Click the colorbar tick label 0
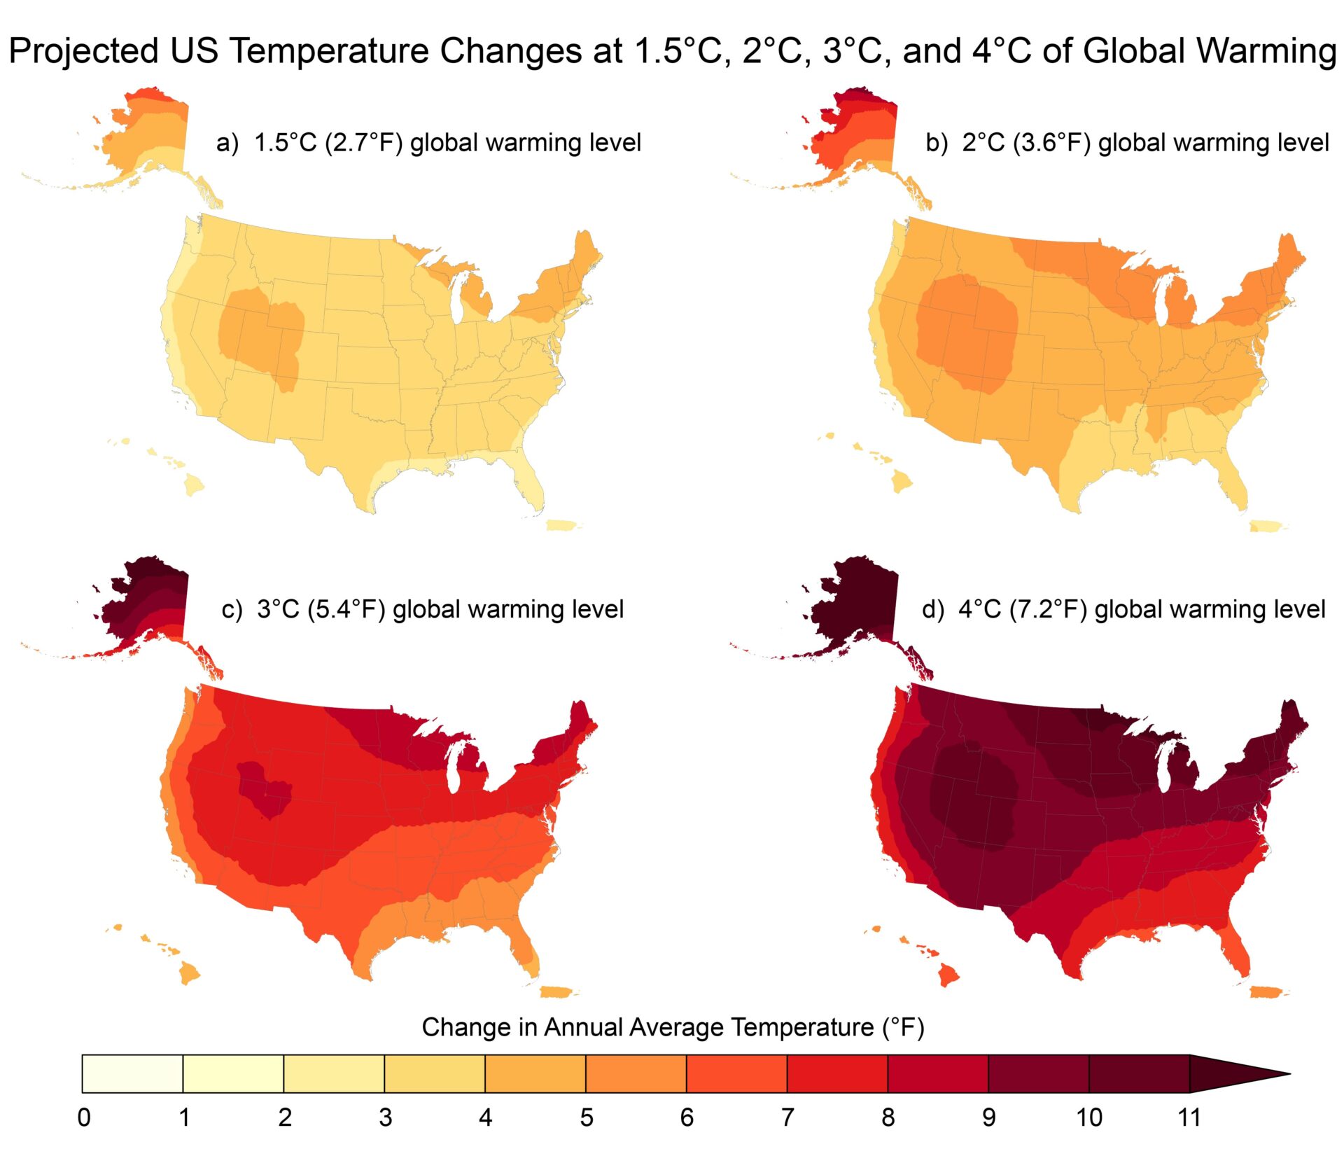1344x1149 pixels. [84, 1117]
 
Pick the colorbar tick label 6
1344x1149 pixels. [687, 1117]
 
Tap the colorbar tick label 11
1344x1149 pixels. [1189, 1117]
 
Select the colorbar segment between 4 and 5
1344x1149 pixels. [535, 1073]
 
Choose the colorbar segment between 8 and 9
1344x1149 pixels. [938, 1073]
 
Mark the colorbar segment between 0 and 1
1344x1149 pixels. [132, 1073]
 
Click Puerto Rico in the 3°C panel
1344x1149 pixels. [558, 991]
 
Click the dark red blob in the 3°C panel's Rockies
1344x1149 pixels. [262, 788]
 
